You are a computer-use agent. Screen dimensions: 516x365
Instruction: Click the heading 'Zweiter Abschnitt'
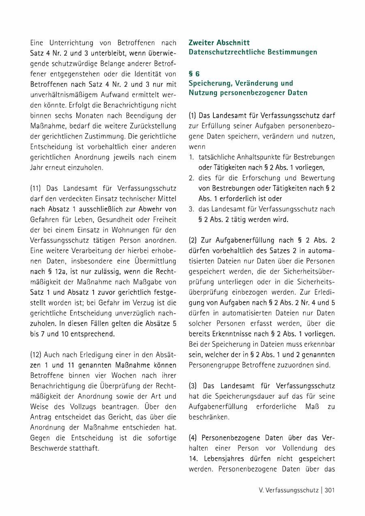pyautogui.click(x=219, y=43)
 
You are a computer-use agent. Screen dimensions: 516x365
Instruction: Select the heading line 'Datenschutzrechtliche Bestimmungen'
pyautogui.click(x=253, y=52)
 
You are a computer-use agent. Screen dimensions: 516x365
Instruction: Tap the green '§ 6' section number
pyautogui.click(x=194, y=74)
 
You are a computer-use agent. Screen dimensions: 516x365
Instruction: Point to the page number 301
pyautogui.click(x=329, y=490)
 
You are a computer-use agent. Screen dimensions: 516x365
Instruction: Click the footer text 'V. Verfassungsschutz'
pyautogui.click(x=288, y=490)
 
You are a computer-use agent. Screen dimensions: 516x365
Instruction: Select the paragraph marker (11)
pyautogui.click(x=36, y=188)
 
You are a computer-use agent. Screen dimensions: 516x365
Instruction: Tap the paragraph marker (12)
pyautogui.click(x=36, y=354)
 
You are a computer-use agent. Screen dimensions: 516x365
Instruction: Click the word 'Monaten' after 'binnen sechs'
pyautogui.click(x=88, y=115)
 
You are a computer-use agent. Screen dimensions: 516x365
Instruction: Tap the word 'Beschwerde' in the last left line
pyautogui.click(x=47, y=448)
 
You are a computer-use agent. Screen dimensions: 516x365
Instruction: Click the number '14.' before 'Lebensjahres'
pyautogui.click(x=193, y=459)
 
